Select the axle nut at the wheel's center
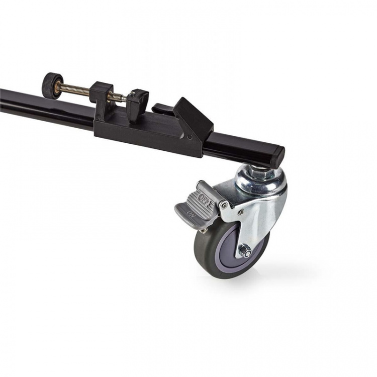(246, 252)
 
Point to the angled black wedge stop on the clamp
(194, 118)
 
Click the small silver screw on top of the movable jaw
(132, 93)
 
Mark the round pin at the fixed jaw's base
(99, 118)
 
